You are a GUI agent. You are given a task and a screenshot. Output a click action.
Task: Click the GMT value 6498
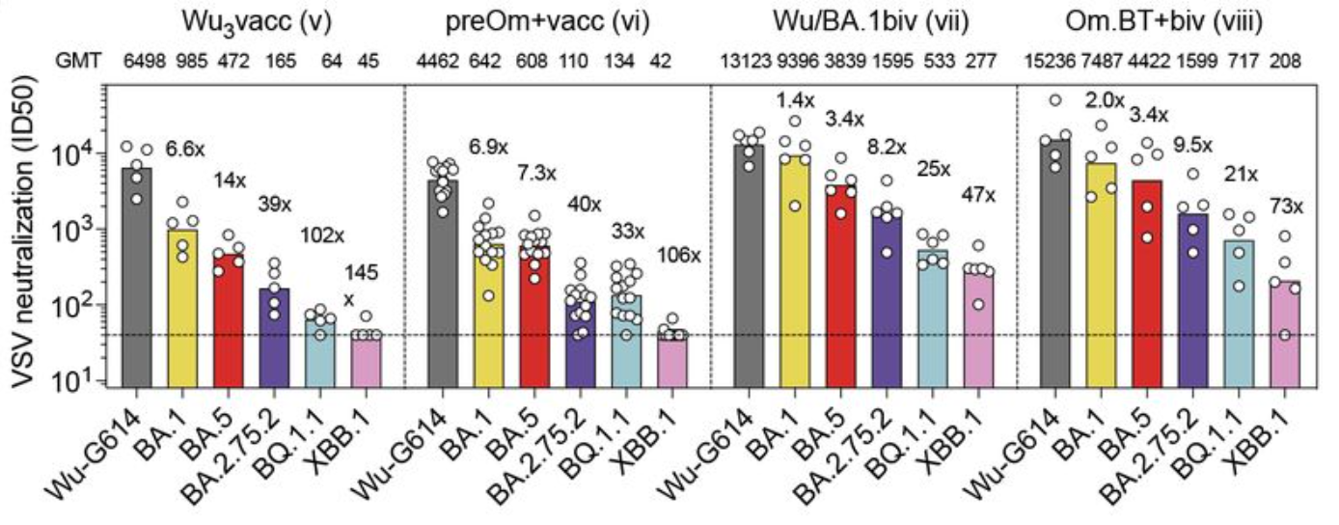click(x=141, y=62)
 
